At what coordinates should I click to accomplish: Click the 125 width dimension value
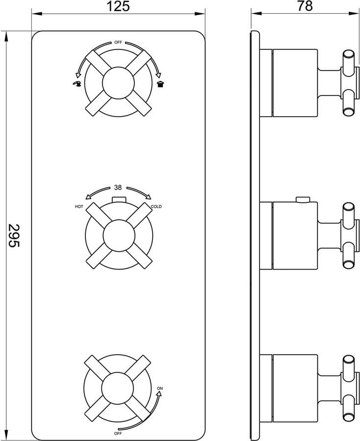pos(118,6)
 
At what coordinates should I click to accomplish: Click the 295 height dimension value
pos(14,235)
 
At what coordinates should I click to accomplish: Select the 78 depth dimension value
pos(305,6)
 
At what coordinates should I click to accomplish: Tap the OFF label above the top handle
pos(118,43)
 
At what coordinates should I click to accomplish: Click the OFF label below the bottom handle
pos(118,434)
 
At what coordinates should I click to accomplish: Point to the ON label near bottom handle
pos(160,389)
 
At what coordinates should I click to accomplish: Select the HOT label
pos(79,206)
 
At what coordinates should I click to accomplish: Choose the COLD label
pos(156,206)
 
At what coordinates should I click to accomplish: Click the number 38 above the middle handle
pos(118,188)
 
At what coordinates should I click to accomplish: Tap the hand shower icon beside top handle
pos(77,83)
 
